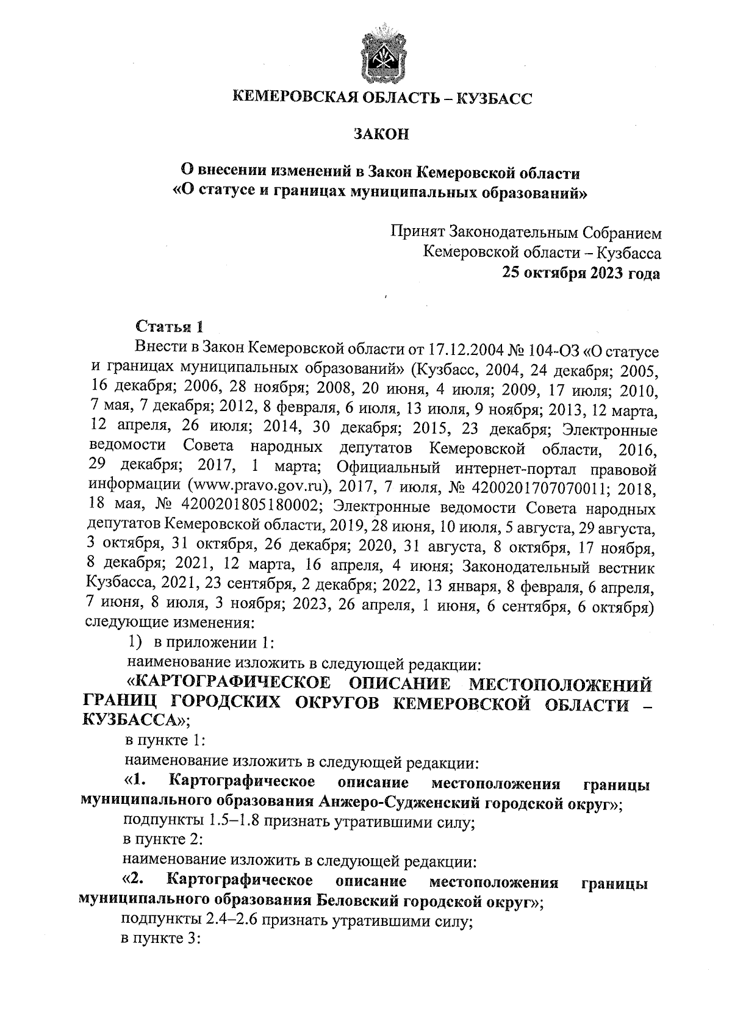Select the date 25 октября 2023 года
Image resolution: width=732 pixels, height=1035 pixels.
(580, 273)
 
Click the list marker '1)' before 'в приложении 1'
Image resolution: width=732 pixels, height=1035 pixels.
(135, 642)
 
